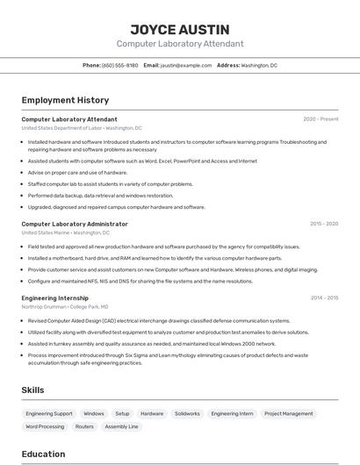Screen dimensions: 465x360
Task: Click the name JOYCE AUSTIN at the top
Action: click(x=180, y=29)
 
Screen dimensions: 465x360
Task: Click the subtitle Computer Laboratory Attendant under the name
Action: click(x=180, y=44)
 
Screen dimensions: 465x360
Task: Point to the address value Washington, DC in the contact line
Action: click(x=259, y=65)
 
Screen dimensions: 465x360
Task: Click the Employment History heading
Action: click(x=65, y=100)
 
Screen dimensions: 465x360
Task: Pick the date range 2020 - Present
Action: click(x=320, y=119)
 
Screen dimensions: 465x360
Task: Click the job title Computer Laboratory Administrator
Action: click(x=75, y=224)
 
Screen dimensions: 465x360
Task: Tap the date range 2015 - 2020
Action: click(x=324, y=224)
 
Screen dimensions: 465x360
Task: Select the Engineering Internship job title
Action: click(x=55, y=298)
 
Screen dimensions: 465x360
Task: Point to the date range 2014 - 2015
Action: click(x=324, y=298)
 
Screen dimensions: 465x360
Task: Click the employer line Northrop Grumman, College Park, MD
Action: click(x=65, y=307)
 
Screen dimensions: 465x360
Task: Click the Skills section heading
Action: click(x=33, y=390)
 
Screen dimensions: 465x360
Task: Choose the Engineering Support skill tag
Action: click(x=49, y=413)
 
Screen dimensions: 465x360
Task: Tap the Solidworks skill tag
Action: click(x=187, y=413)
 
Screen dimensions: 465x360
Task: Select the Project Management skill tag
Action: click(x=288, y=413)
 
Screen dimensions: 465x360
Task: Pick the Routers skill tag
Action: click(x=84, y=426)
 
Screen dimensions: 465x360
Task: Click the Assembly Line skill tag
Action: click(x=121, y=426)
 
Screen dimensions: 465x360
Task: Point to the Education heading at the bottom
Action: click(x=43, y=454)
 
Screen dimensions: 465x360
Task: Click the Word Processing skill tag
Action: click(x=45, y=426)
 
